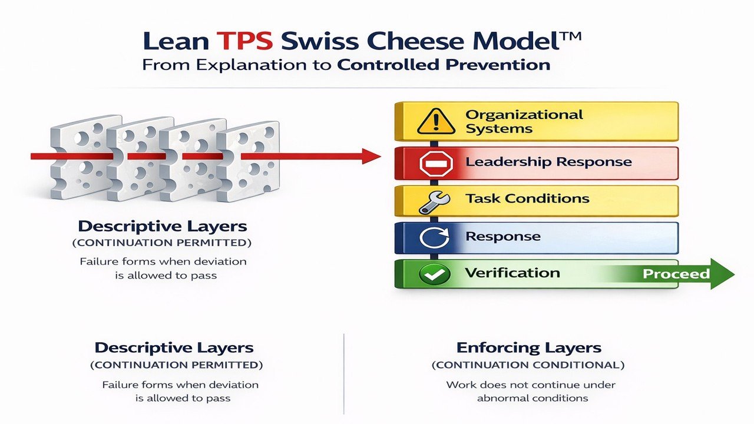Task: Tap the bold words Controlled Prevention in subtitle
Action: tap(444, 64)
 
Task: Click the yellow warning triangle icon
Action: tap(436, 121)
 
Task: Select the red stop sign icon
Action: tap(436, 162)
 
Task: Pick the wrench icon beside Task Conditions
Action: tap(435, 201)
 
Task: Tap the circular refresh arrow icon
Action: tap(435, 237)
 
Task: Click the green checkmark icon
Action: tap(435, 273)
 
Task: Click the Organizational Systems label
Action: tap(524, 121)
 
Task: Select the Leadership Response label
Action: tap(548, 162)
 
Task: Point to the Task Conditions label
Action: tap(527, 198)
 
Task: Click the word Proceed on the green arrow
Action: tap(676, 274)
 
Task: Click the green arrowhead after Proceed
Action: tap(723, 274)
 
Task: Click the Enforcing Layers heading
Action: tap(528, 347)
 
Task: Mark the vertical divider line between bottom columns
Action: tap(343, 374)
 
